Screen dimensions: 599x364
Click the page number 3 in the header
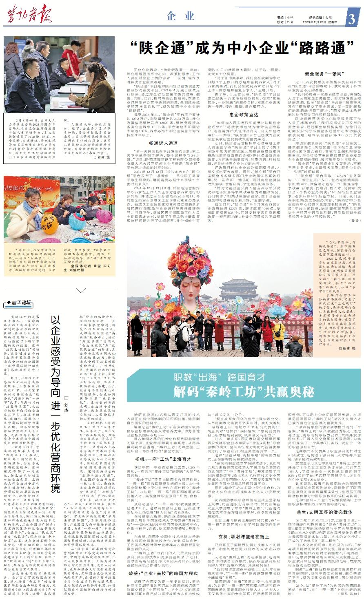pyautogui.click(x=352, y=19)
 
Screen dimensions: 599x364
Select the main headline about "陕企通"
pyautogui.click(x=238, y=48)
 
